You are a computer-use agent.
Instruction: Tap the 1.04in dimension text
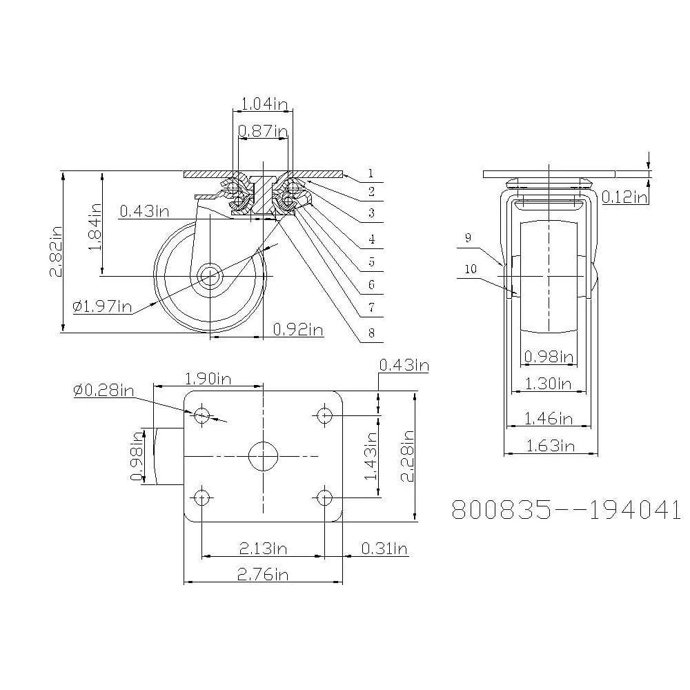[x=263, y=104]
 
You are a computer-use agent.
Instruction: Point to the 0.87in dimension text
[x=263, y=131]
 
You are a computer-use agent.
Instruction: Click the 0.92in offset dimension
[x=298, y=330]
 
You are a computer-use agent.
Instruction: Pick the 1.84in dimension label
[x=96, y=225]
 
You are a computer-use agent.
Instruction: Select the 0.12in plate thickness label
[x=624, y=198]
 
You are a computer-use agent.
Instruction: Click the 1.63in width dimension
[x=550, y=445]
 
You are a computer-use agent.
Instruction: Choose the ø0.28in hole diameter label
[x=103, y=391]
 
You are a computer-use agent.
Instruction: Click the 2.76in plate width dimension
[x=263, y=574]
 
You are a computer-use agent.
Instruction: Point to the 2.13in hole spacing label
[x=263, y=549]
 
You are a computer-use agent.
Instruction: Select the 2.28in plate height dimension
[x=408, y=455]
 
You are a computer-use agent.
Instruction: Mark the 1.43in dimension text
[x=371, y=455]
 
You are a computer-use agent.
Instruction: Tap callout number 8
[x=371, y=333]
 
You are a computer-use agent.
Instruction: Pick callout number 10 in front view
[x=470, y=270]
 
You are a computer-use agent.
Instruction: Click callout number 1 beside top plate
[x=371, y=173]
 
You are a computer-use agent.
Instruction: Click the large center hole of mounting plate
[x=263, y=456]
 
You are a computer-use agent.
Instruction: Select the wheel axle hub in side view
[x=209, y=277]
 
